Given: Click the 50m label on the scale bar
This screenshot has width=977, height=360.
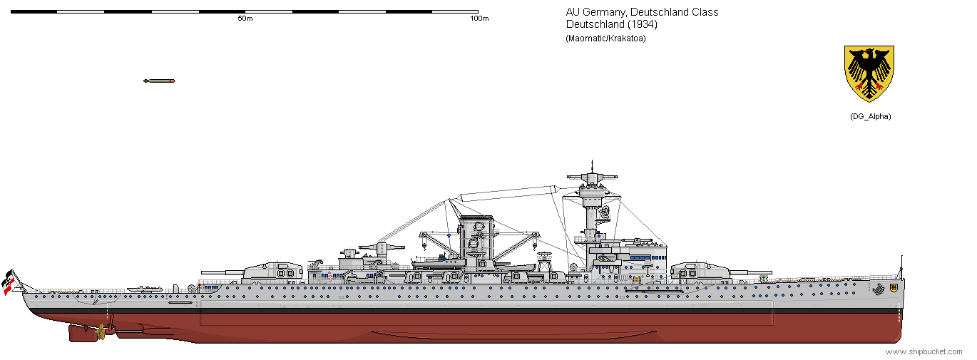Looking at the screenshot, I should coord(245,19).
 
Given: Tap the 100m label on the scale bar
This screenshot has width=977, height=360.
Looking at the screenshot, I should coord(479,19).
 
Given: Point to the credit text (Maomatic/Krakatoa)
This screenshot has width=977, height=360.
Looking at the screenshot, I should coord(605,38).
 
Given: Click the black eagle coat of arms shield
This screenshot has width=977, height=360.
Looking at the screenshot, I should coord(869,73).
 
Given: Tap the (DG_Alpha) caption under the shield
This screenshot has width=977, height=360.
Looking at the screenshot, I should coord(870,116).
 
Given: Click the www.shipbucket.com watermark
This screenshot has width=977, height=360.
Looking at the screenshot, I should coord(923,352).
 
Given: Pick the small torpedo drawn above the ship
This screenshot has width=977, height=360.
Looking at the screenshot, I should coord(158,81).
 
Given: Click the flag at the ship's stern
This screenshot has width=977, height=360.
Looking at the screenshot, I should coord(9,281).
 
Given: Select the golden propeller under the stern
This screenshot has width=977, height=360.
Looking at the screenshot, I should coord(101,331).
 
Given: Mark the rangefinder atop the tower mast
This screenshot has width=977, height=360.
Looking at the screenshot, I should coord(591,174).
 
